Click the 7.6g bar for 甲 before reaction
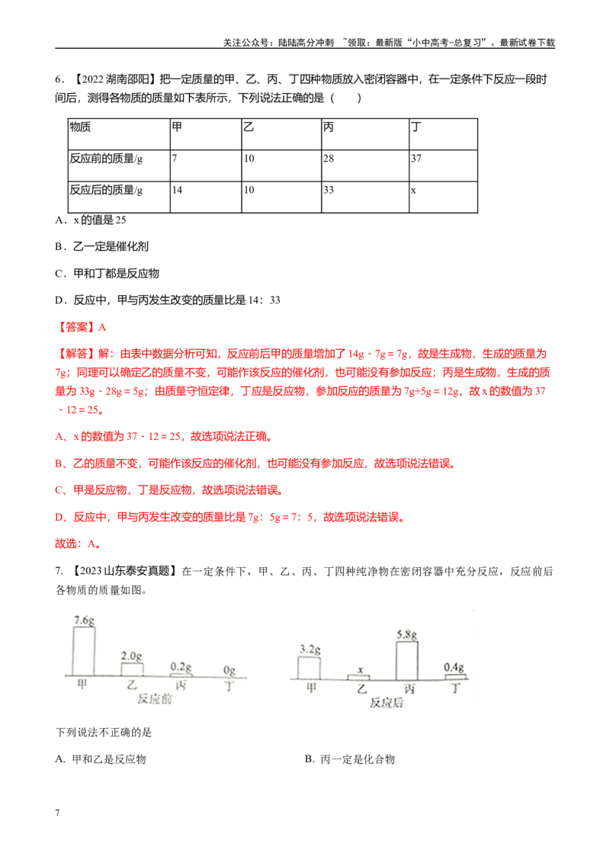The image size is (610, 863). (x=84, y=650)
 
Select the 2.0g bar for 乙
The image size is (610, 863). (x=132, y=669)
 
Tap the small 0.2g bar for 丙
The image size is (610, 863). (x=181, y=675)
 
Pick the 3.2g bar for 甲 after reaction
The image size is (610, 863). (x=309, y=666)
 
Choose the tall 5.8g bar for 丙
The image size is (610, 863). (x=406, y=659)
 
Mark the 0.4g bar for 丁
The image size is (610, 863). (x=455, y=676)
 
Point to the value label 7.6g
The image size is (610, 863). (x=84, y=620)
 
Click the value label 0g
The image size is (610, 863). (x=230, y=670)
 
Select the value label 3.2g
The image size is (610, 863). (x=309, y=650)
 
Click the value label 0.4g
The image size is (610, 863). (x=455, y=667)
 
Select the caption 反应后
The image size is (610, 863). (x=386, y=703)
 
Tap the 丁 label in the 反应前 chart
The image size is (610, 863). (x=230, y=685)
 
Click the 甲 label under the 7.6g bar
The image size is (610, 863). (x=82, y=685)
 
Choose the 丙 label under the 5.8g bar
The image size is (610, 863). (x=409, y=688)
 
